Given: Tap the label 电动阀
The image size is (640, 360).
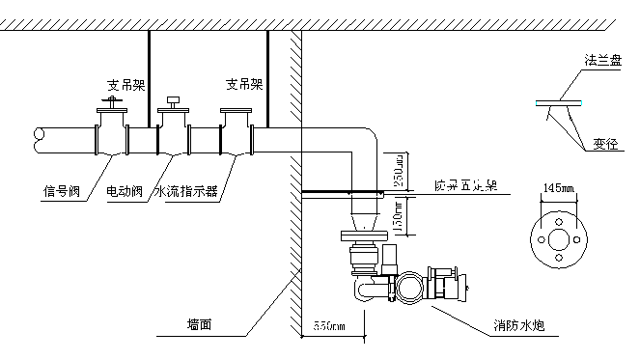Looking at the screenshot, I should [x=125, y=190].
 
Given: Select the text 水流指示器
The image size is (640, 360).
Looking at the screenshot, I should [x=185, y=190].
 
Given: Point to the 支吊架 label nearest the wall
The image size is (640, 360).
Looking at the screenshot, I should [x=244, y=84].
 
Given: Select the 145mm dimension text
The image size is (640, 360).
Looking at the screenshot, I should [x=559, y=186].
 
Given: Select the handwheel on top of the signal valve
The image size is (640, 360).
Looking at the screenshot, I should [x=112, y=99].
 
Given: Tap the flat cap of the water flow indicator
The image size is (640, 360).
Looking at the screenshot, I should [x=236, y=113].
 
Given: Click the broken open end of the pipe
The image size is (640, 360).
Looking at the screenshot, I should [x=40, y=141].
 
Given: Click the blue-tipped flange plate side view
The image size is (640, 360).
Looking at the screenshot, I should [x=559, y=101].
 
